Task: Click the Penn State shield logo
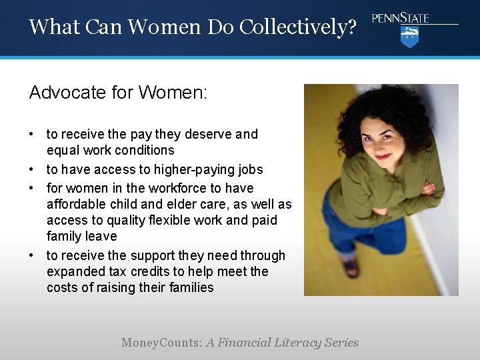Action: coord(409,37)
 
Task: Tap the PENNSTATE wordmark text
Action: coord(401,18)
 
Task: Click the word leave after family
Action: coord(102,236)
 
